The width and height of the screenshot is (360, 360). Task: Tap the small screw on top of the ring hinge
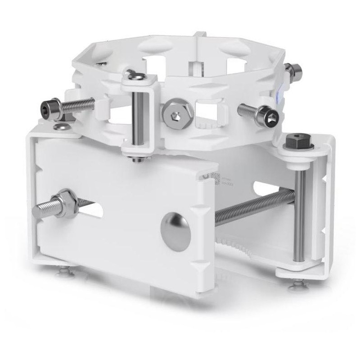[131, 73]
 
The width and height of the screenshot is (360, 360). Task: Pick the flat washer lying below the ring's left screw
[62, 127]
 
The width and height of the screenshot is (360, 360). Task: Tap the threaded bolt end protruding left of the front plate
[43, 209]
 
